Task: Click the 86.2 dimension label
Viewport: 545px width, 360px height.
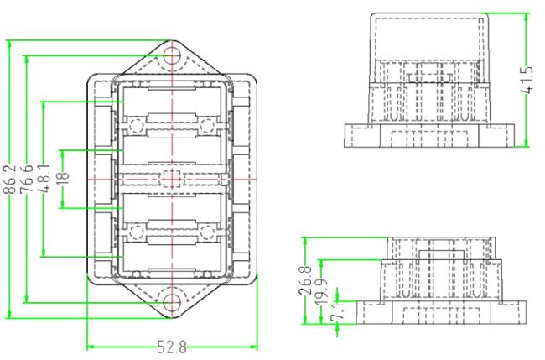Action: pyautogui.click(x=10, y=179)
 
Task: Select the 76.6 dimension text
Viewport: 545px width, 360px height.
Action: pyautogui.click(x=27, y=179)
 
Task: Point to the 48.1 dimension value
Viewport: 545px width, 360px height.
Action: pyautogui.click(x=44, y=178)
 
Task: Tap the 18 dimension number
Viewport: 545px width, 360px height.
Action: pyautogui.click(x=63, y=179)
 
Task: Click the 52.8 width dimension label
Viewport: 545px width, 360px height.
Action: pyautogui.click(x=172, y=347)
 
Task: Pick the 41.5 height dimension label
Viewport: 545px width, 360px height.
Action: pyautogui.click(x=527, y=80)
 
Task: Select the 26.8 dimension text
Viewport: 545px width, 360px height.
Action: pyautogui.click(x=305, y=280)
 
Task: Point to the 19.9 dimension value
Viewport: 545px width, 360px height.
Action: pyautogui.click(x=322, y=292)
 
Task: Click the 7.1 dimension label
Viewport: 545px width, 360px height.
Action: pyautogui.click(x=337, y=311)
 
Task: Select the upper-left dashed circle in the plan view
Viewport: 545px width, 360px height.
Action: pyautogui.click(x=137, y=126)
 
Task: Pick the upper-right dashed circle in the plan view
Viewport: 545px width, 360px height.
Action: pyautogui.click(x=207, y=126)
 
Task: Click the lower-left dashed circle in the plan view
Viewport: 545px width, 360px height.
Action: pyautogui.click(x=137, y=232)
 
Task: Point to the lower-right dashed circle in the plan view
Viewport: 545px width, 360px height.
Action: pyautogui.click(x=207, y=232)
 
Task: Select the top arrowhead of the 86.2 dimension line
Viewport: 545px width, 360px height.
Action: pyautogui.click(x=9, y=44)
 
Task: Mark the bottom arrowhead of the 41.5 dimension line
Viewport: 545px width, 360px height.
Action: pyautogui.click(x=526, y=143)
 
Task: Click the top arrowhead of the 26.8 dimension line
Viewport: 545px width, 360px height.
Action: pyautogui.click(x=305, y=242)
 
